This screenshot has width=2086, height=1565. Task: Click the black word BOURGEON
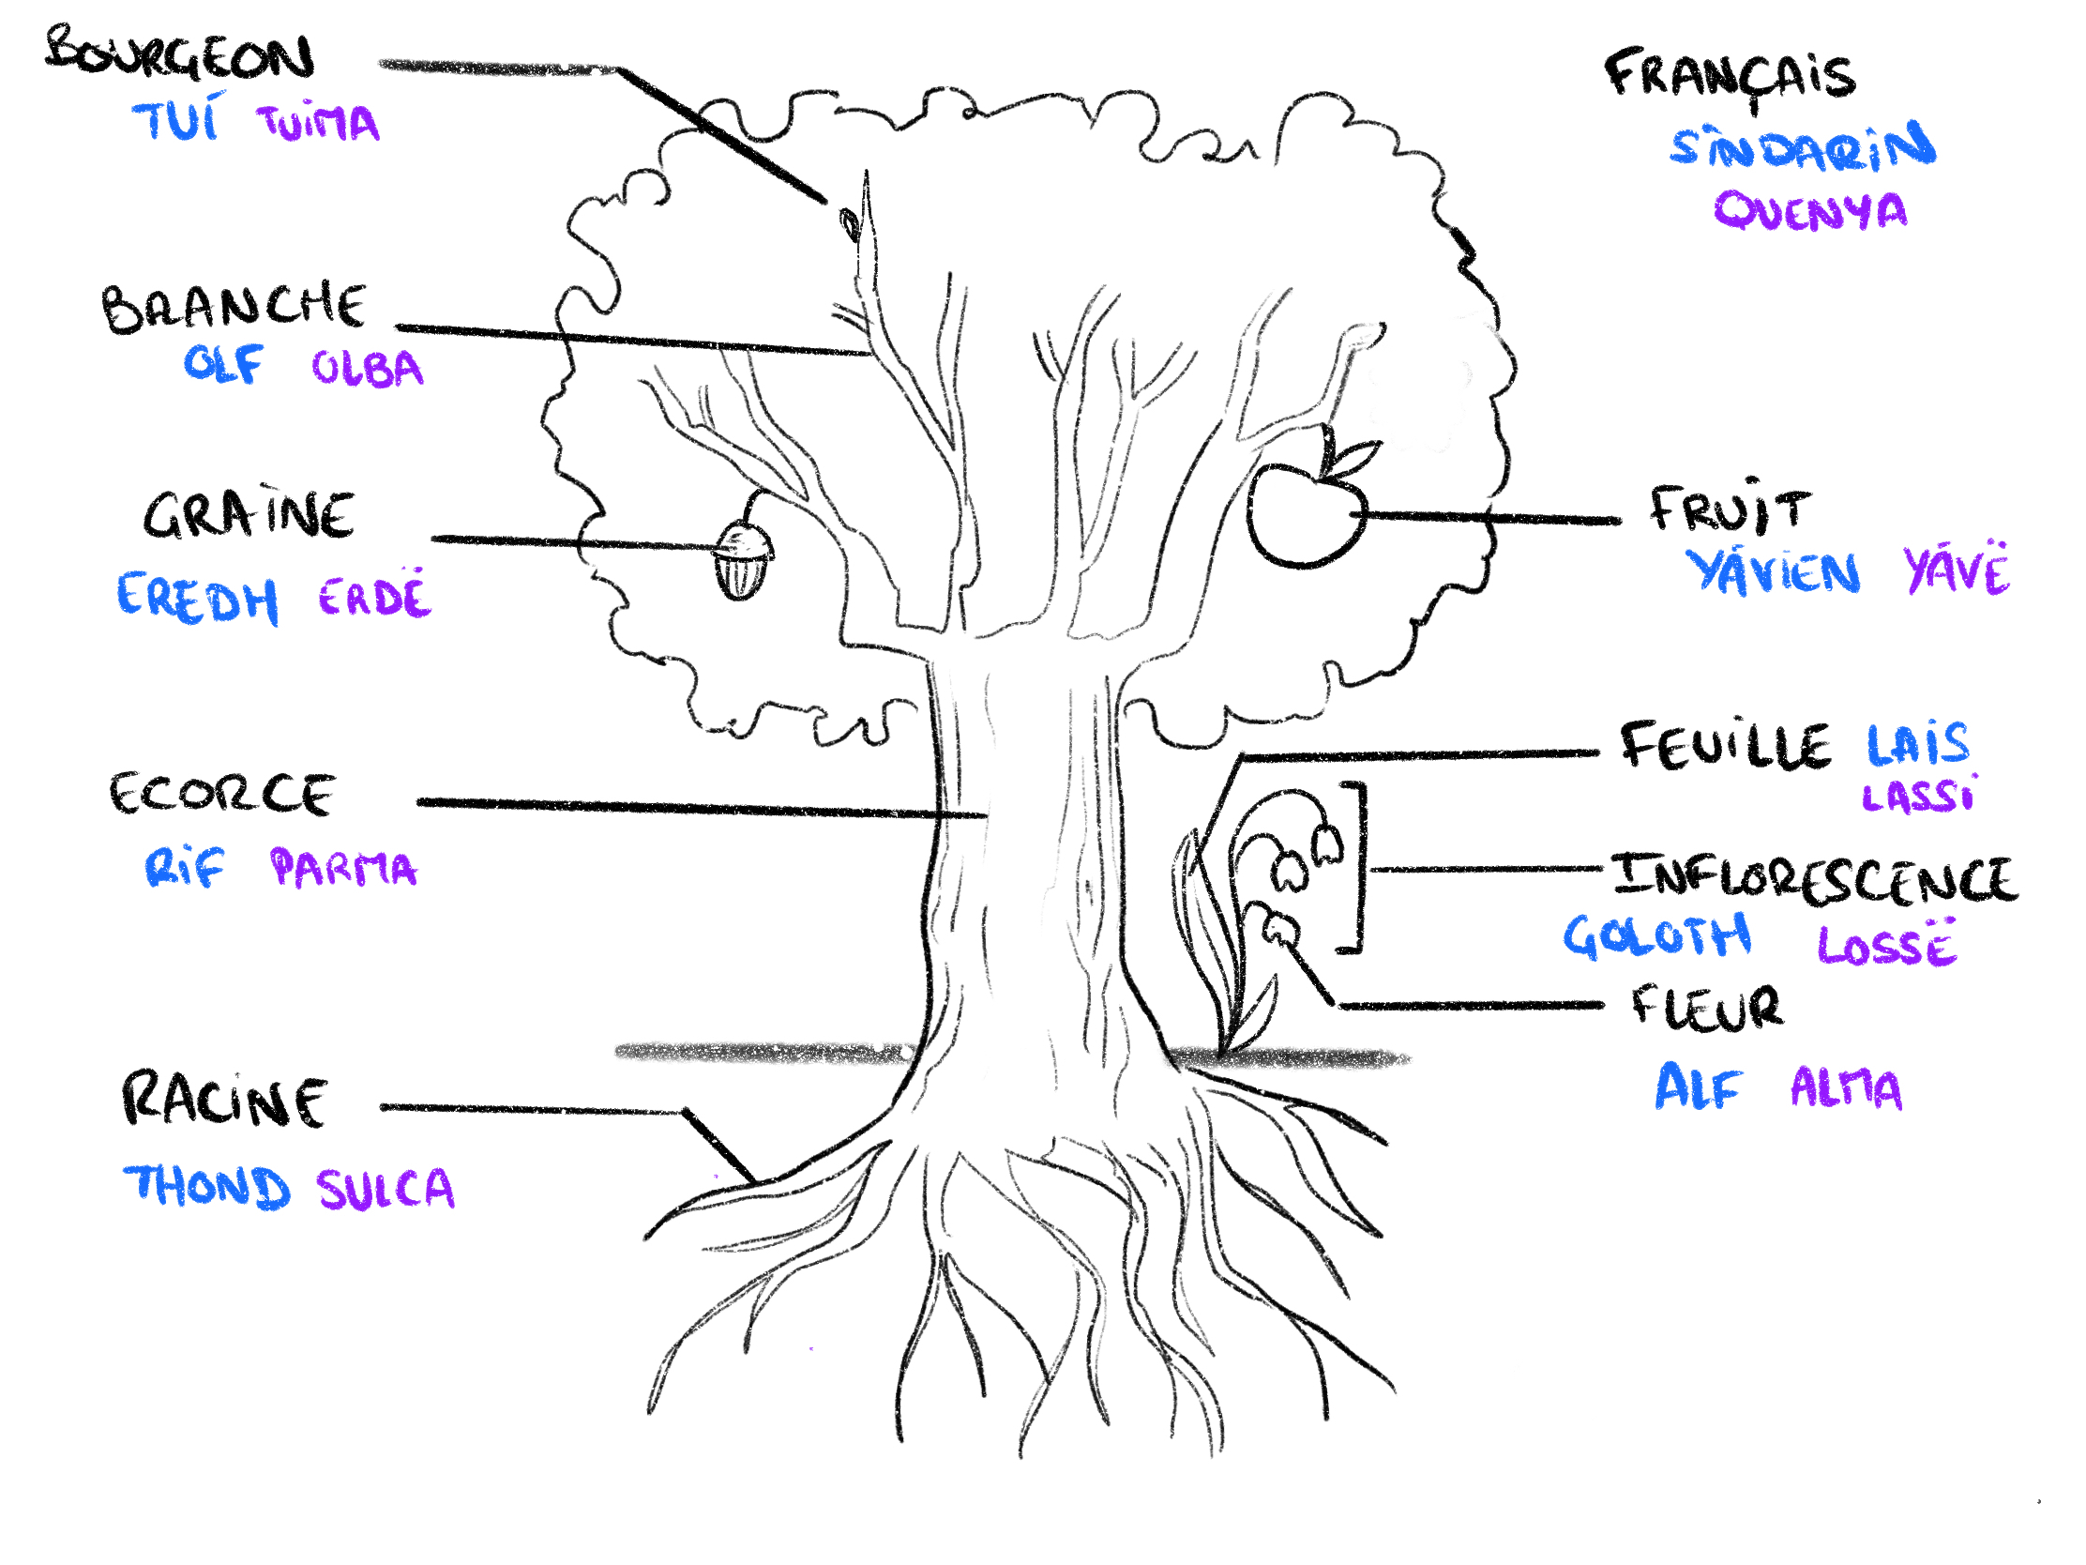179,54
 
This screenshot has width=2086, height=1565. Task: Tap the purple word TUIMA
319,123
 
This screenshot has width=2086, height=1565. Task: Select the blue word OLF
222,363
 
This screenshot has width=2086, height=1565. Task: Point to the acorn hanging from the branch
744,560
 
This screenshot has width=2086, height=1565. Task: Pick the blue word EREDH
197,598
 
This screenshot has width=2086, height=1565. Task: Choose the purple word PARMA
343,868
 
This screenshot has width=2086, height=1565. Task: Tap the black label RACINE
224,1100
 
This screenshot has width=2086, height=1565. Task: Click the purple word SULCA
385,1189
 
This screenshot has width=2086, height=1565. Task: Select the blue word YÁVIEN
1773,571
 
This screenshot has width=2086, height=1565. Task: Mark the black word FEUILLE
1726,745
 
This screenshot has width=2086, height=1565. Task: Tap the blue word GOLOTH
1657,935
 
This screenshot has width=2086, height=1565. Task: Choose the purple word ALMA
1846,1087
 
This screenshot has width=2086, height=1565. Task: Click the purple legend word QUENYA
1809,210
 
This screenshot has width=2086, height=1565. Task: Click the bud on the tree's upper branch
850,224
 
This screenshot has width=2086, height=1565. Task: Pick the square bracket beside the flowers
1356,866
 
